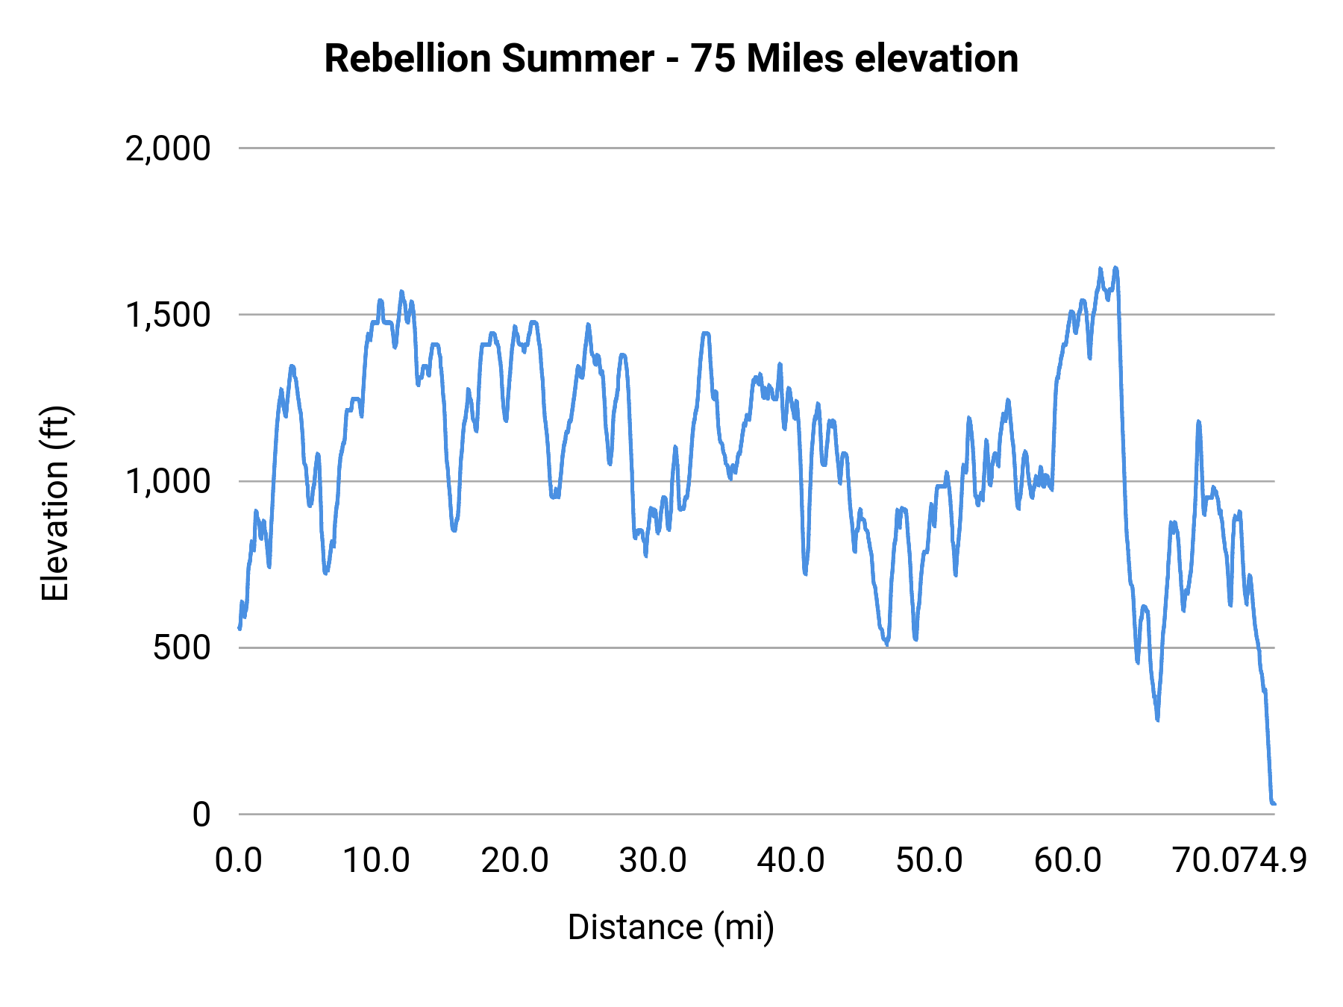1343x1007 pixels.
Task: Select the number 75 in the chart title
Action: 711,58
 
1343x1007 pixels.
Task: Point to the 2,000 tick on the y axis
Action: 168,148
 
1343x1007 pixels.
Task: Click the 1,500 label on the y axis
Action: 168,315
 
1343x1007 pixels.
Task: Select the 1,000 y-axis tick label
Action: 168,481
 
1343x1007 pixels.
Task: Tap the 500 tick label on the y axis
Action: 181,647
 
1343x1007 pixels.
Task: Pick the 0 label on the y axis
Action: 201,815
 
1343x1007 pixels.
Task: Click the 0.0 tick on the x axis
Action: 239,861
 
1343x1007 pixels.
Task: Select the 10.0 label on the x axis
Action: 376,861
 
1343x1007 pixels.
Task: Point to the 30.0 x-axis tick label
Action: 653,861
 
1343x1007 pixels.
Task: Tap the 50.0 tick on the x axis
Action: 929,861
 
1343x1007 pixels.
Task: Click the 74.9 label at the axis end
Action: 1276,861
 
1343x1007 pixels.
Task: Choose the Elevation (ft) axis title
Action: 55,503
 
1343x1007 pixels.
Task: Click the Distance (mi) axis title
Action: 671,927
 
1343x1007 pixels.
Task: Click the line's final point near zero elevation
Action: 1274,803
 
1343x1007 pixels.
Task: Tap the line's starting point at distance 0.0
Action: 240,628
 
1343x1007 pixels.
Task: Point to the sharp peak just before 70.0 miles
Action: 1198,422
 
